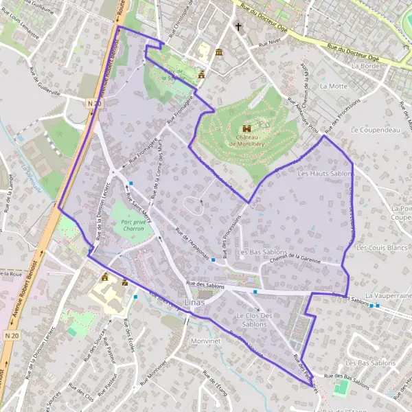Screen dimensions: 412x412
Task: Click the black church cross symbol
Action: [239, 27]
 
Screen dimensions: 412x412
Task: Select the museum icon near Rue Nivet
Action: [218, 53]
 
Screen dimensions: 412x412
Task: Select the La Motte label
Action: [334, 87]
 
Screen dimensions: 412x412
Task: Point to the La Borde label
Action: [365, 67]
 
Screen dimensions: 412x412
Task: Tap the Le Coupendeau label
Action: [370, 129]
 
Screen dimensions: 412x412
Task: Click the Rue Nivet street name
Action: [270, 43]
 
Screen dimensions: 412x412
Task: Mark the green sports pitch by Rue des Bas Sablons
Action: [341, 388]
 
